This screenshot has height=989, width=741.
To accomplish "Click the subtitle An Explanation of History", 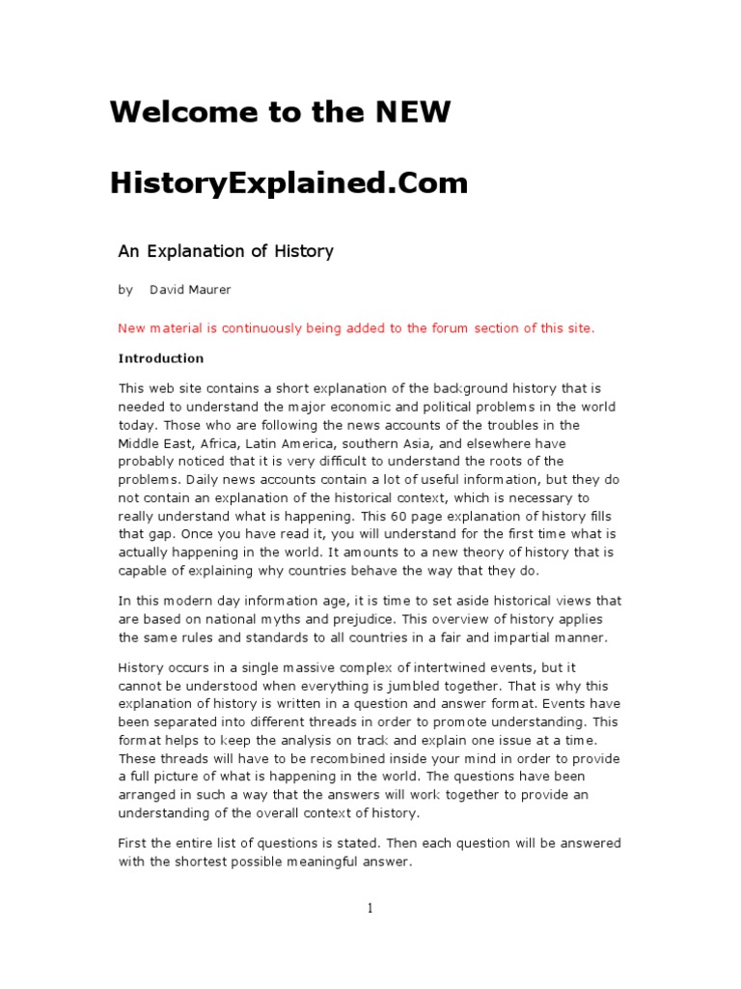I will (226, 251).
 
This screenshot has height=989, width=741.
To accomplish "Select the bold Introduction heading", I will (161, 358).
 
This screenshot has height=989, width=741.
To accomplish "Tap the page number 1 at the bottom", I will (370, 907).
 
